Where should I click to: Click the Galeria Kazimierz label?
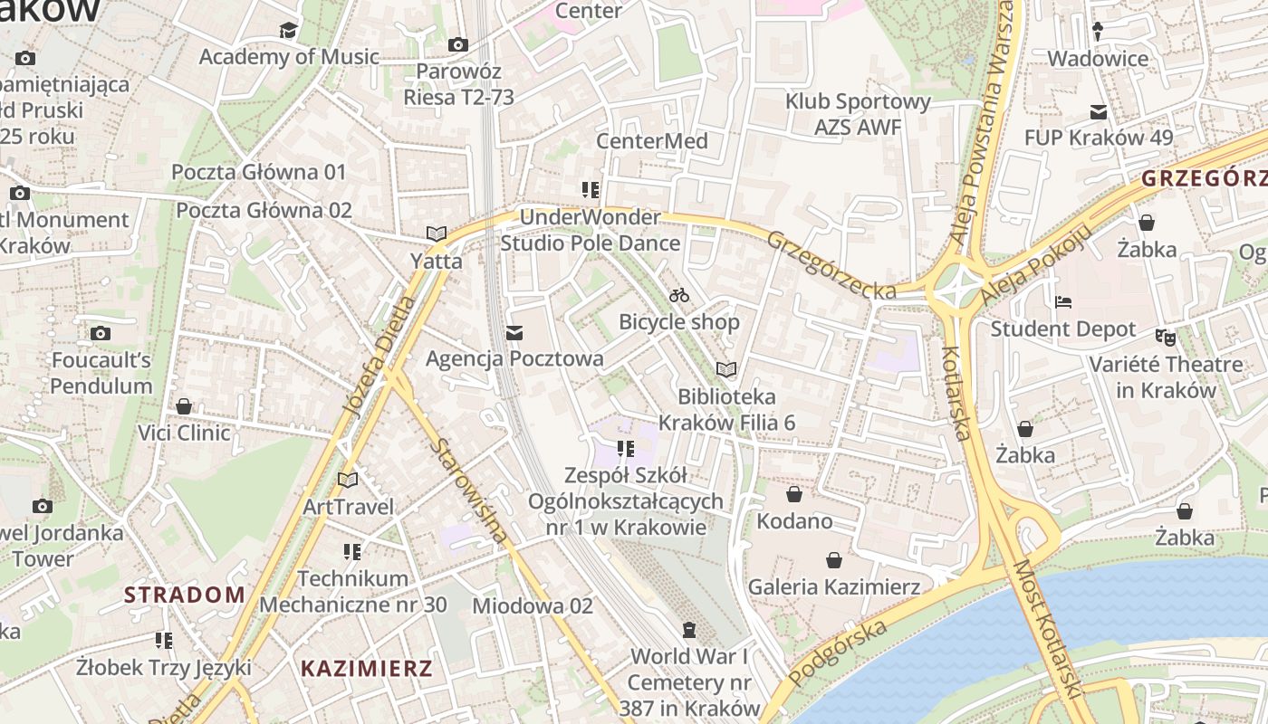[x=833, y=587]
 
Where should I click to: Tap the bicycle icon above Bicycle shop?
[x=679, y=295]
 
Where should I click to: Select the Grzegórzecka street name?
[x=831, y=265]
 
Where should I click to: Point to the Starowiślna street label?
[x=470, y=491]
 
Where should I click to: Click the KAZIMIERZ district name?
[x=367, y=669]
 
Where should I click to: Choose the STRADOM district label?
[x=185, y=595]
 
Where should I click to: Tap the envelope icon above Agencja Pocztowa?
[x=514, y=333]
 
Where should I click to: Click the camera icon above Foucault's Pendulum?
[x=101, y=333]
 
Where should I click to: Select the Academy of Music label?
[x=289, y=56]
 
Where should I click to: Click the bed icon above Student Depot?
[x=1062, y=302]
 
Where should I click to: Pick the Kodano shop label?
[x=794, y=521]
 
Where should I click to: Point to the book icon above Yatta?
[x=437, y=233]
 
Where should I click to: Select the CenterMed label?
[x=651, y=141]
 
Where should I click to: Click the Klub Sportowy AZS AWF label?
[x=858, y=114]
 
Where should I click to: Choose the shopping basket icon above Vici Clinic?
[x=184, y=406]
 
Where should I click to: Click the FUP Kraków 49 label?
[x=1099, y=138]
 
